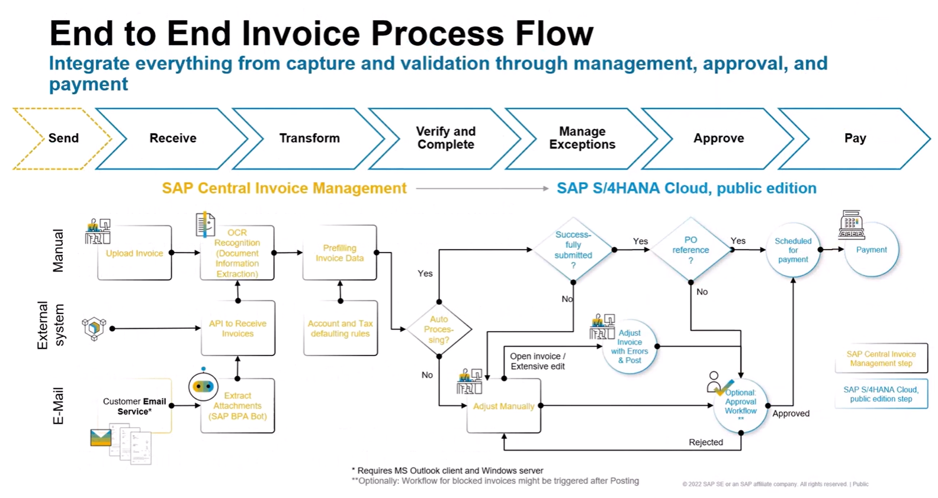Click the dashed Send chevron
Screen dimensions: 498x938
[59, 138]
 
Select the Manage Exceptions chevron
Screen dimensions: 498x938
[582, 138]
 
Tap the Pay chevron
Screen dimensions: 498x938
[855, 138]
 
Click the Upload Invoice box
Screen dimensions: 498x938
[134, 253]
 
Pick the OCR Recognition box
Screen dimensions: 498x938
[237, 253]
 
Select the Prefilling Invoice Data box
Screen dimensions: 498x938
[339, 253]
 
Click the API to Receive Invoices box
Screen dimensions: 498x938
[237, 328]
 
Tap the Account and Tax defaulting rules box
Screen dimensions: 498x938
[340, 328]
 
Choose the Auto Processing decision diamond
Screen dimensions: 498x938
[439, 329]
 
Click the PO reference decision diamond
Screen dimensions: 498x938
[690, 250]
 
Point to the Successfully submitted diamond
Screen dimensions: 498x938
[573, 250]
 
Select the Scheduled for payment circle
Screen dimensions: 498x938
[793, 250]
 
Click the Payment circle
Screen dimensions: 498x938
[871, 250]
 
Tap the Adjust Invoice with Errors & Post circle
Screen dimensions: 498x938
[629, 347]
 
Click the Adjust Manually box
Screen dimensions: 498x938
[503, 406]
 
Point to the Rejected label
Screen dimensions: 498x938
[705, 442]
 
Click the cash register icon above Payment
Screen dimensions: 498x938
[851, 225]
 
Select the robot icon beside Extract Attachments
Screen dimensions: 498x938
[203, 386]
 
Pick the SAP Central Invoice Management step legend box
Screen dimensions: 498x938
[881, 358]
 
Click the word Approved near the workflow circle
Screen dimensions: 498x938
[791, 413]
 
